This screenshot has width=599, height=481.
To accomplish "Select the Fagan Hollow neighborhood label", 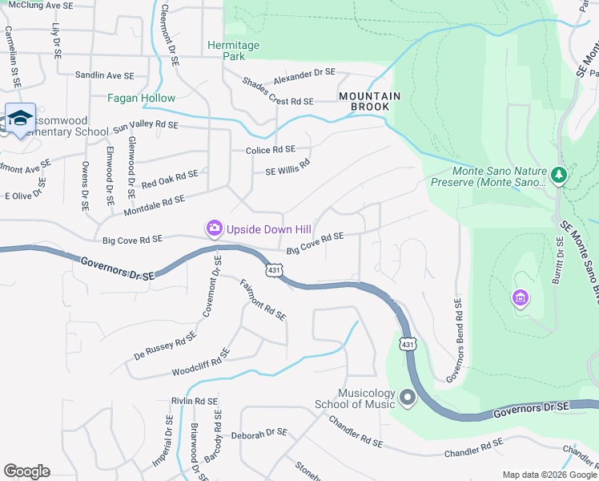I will (x=142, y=98).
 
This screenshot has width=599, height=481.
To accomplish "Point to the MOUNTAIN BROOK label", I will (x=369, y=95).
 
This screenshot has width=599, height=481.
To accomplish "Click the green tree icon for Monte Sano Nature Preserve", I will (x=559, y=175).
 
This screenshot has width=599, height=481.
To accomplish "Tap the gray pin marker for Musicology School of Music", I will (x=408, y=397).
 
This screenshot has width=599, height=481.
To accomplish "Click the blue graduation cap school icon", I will (x=20, y=119).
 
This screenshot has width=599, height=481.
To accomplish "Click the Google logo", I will (x=26, y=471).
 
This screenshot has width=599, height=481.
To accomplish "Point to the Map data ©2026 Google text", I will (x=549, y=474).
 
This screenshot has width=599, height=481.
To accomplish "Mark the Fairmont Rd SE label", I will (x=263, y=300).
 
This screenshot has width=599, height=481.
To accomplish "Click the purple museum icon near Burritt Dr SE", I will (x=521, y=299).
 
